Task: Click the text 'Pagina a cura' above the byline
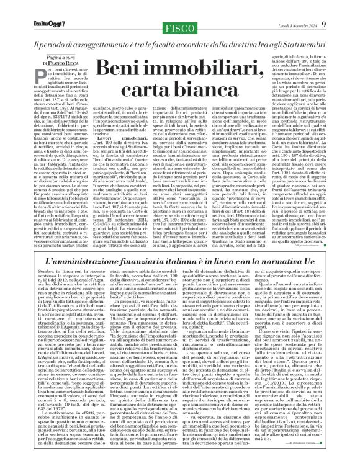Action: point(40,56)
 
